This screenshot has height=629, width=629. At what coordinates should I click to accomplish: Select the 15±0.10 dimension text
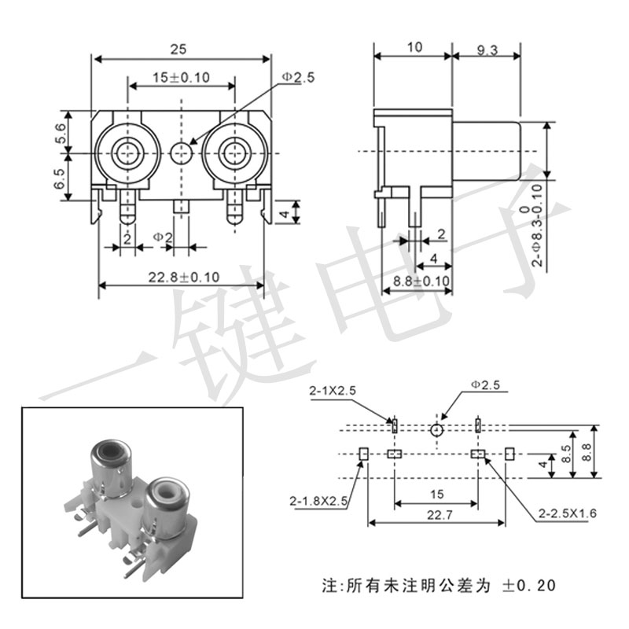(180, 77)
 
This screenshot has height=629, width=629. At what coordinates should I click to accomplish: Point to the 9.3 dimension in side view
(487, 49)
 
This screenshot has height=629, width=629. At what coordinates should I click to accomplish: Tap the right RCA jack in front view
(233, 153)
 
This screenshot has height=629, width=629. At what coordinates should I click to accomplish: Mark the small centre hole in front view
(181, 153)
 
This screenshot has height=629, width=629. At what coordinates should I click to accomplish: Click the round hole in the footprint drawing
(437, 429)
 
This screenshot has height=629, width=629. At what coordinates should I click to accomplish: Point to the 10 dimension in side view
(414, 47)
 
